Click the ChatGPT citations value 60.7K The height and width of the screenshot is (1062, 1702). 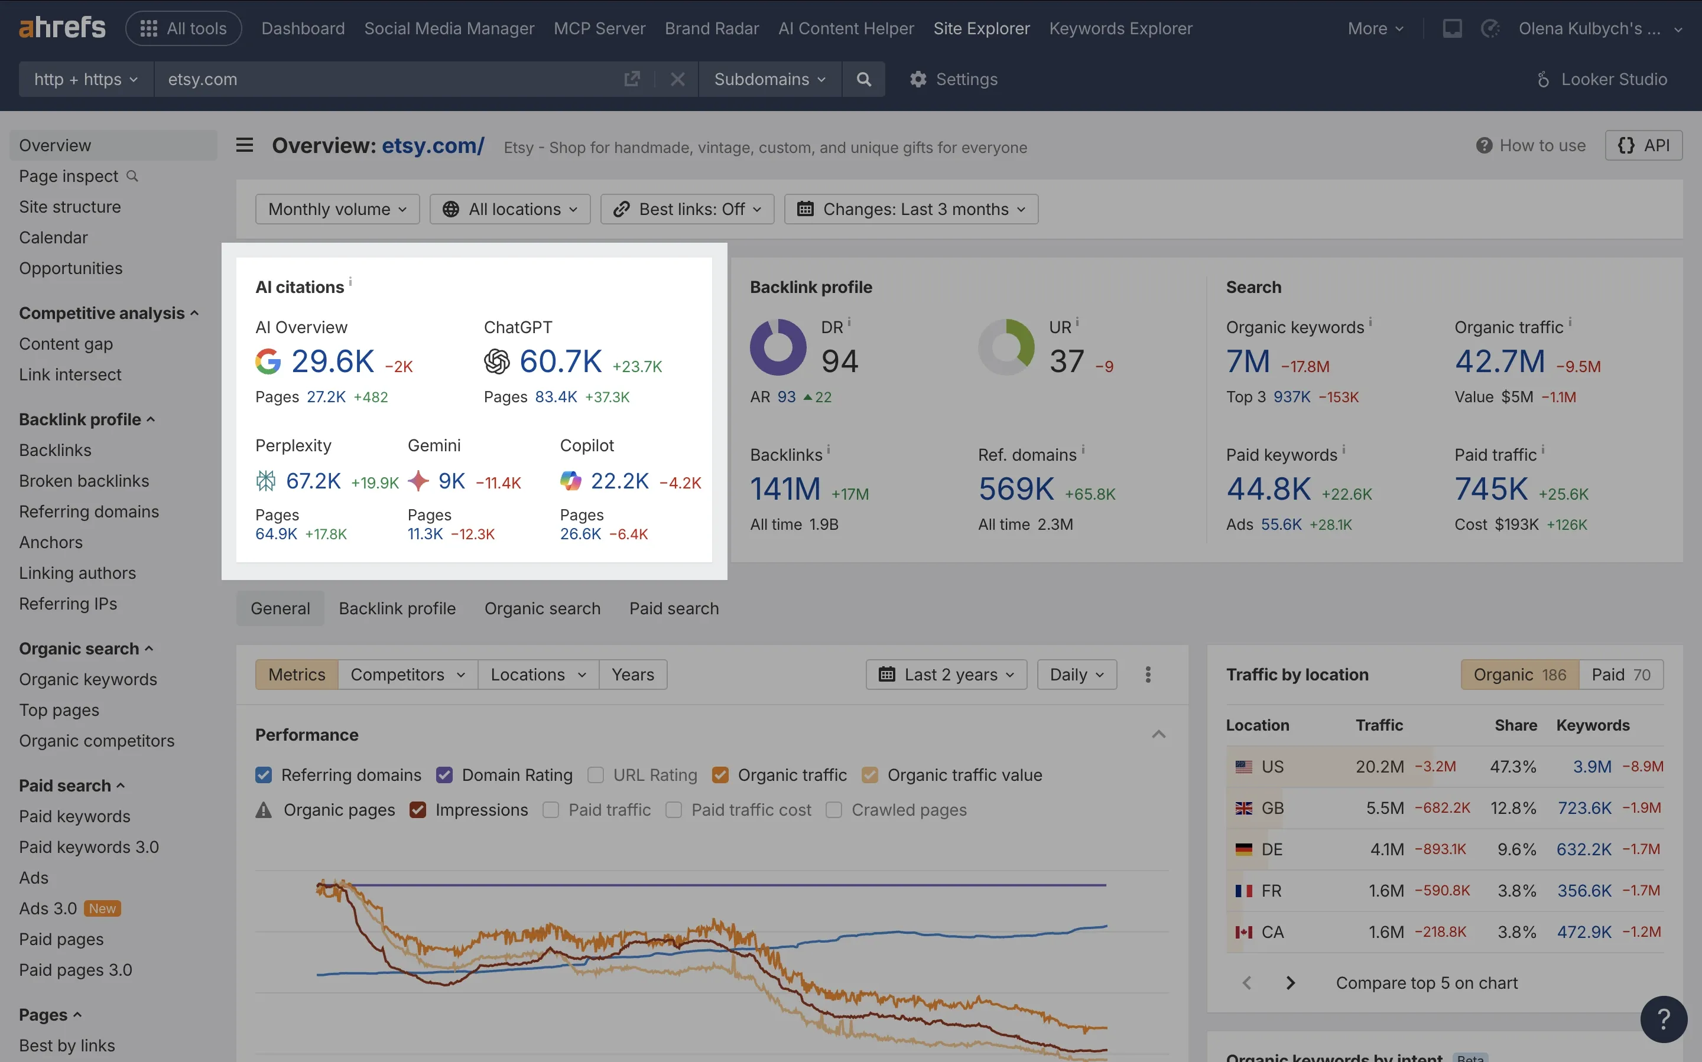pyautogui.click(x=560, y=361)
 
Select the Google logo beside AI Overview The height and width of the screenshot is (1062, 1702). pyautogui.click(x=268, y=361)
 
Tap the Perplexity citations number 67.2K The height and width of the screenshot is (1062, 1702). pyautogui.click(x=313, y=481)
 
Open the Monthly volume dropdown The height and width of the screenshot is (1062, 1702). pyautogui.click(x=337, y=209)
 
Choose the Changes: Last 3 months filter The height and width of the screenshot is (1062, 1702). pyautogui.click(x=911, y=209)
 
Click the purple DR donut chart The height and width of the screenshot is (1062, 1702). pyautogui.click(x=778, y=347)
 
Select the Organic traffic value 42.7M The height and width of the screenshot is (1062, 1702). pyautogui.click(x=1500, y=361)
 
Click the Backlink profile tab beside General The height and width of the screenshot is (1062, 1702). pyautogui.click(x=397, y=608)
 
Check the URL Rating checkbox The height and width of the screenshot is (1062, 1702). pyautogui.click(x=596, y=775)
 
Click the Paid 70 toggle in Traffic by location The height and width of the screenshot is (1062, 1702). pyautogui.click(x=1620, y=675)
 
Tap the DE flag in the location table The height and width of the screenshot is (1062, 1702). pyautogui.click(x=1244, y=849)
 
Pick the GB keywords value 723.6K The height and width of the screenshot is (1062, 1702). pyautogui.click(x=1584, y=808)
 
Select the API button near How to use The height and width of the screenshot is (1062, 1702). pyautogui.click(x=1643, y=145)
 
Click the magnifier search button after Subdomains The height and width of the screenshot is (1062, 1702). pyautogui.click(x=863, y=79)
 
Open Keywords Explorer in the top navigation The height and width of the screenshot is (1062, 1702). pyautogui.click(x=1120, y=29)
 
